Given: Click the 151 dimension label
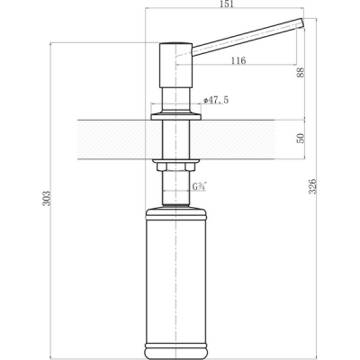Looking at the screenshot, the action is click(226, 4).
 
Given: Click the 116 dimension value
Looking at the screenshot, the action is click(238, 60).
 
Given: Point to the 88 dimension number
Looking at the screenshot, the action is click(301, 72).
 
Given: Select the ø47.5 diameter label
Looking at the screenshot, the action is click(216, 100).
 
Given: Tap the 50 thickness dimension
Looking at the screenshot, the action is click(301, 139).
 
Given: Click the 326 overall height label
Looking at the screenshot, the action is click(312, 186).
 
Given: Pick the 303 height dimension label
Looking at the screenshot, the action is click(47, 198).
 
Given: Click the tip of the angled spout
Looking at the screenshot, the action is click(301, 22).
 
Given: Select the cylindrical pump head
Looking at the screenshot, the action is click(175, 66).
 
